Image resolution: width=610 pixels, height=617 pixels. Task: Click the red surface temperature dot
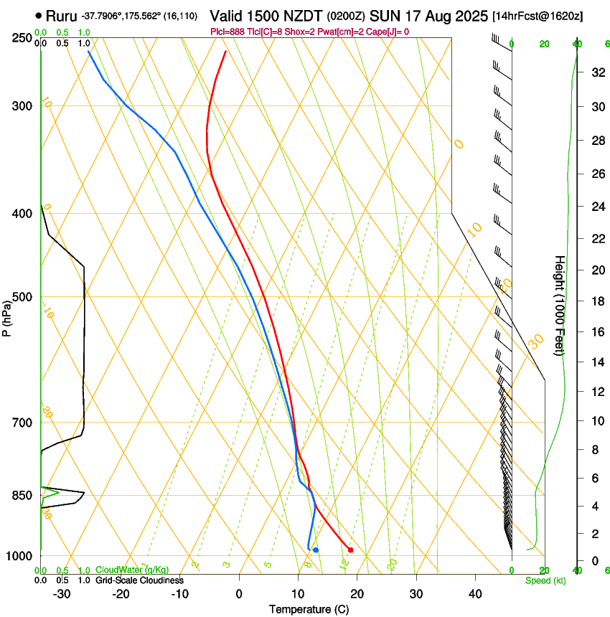[350, 550]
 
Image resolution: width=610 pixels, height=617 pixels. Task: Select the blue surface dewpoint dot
[316, 550]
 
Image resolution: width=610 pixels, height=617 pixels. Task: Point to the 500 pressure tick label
[22, 297]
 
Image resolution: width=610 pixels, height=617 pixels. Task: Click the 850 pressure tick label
[22, 496]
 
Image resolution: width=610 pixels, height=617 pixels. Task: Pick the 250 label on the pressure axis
[22, 37]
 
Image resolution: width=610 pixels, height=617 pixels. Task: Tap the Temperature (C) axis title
[309, 609]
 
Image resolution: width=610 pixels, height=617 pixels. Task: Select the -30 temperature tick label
[62, 593]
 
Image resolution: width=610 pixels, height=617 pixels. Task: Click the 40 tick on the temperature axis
[474, 593]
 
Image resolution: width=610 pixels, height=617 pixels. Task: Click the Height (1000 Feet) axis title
[560, 305]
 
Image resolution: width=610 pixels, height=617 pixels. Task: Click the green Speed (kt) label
[545, 580]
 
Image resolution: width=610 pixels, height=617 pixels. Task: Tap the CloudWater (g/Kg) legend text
[132, 570]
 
